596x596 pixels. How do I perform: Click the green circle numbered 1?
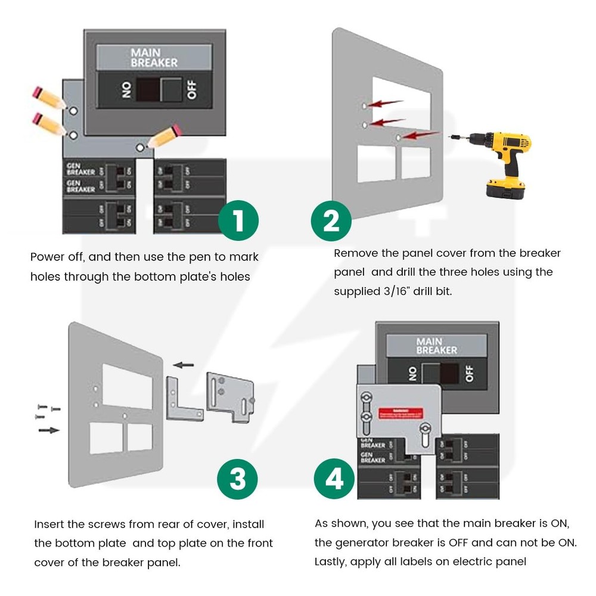(238, 221)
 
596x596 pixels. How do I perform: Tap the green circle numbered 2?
(331, 221)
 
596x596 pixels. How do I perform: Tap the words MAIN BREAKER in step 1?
(154, 58)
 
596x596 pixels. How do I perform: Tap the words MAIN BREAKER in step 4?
(437, 346)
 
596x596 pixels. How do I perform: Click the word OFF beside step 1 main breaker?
(191, 90)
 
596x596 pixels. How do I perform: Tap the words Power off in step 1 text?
(57, 257)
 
